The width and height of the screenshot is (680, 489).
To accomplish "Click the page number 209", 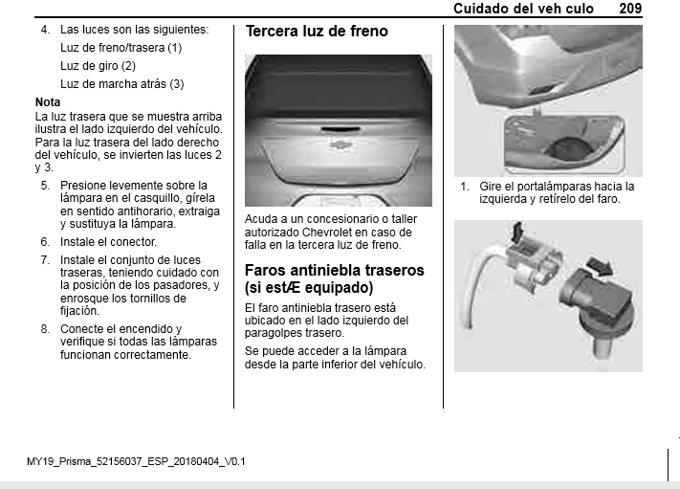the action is [630, 9].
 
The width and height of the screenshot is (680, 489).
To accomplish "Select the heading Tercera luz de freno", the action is [317, 32].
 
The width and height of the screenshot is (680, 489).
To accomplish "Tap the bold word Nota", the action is [48, 102].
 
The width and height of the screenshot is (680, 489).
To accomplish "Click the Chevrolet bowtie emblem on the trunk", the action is [340, 144].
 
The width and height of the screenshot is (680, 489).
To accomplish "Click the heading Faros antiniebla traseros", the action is [335, 270].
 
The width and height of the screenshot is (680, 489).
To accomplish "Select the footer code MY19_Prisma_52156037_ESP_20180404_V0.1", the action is [136, 461].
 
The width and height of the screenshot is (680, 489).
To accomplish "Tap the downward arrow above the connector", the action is [517, 232].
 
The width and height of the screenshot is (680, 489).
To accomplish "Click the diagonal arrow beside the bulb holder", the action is [601, 265].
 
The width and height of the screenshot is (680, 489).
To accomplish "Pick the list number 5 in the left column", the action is [45, 186].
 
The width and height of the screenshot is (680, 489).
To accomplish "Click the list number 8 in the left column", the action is [45, 329].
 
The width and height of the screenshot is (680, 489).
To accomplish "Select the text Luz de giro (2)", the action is [98, 66].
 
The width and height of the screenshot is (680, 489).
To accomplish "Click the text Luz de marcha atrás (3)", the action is [121, 84].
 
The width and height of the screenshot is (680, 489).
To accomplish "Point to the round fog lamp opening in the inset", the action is [567, 148].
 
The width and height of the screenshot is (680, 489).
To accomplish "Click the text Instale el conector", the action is [108, 242].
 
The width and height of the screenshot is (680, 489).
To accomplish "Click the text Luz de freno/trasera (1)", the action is [121, 48].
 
